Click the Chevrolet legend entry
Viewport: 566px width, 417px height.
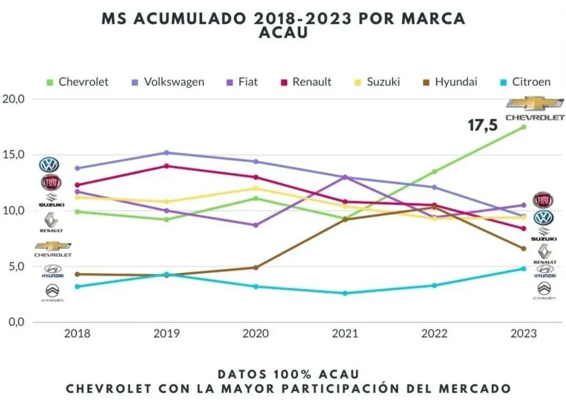(78, 82)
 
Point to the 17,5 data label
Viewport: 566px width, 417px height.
(483, 126)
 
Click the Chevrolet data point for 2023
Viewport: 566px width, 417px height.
(523, 127)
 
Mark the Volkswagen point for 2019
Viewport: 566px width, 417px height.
(166, 152)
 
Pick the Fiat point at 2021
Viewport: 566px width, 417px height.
(345, 177)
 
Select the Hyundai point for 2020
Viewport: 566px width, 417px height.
(256, 267)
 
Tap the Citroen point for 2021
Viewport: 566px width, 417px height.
(345, 293)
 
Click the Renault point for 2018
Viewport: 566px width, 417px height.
(78, 185)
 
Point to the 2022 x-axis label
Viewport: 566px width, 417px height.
(434, 334)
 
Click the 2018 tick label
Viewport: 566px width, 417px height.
(78, 334)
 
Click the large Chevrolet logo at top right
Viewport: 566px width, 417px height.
(535, 108)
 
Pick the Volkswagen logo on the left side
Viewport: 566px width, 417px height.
(49, 165)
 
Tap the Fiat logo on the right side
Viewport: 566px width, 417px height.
(543, 200)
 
